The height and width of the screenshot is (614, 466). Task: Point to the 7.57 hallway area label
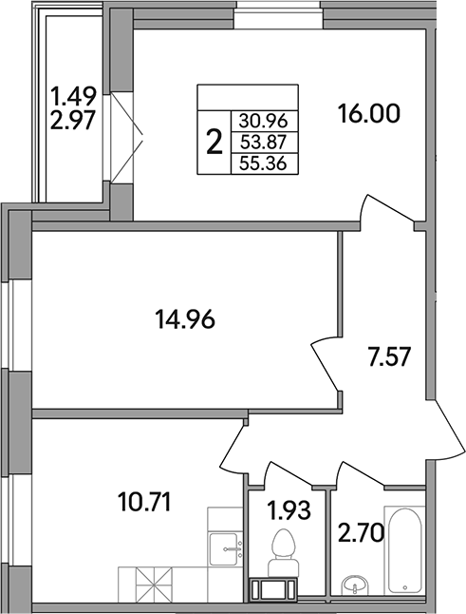[x=388, y=360]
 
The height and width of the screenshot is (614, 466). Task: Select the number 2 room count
[x=214, y=143]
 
